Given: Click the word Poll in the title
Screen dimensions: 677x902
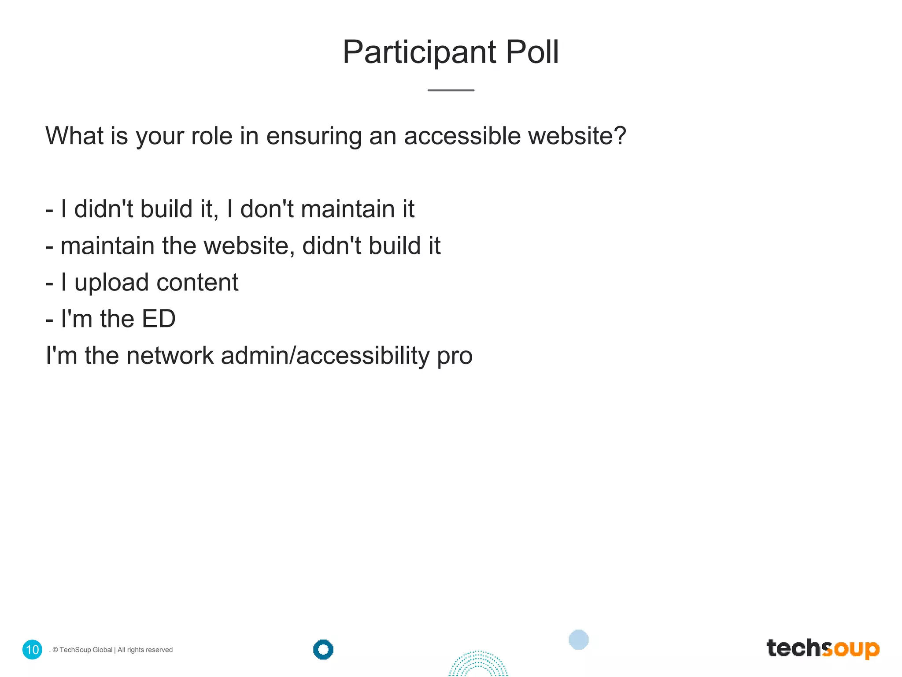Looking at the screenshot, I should (532, 52).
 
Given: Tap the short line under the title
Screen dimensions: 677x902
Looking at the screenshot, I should (451, 90).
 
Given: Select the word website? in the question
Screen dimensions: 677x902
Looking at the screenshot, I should (577, 135).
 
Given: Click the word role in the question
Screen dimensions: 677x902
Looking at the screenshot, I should (211, 135).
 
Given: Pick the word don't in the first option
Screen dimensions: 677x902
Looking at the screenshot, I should (267, 208).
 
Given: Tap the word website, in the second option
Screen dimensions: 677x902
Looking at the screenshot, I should (249, 246).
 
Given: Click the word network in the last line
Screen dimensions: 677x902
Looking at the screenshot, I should (170, 355).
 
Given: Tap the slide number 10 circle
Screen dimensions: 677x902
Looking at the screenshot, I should (32, 650).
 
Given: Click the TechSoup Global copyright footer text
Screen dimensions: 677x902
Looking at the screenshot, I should (112, 650).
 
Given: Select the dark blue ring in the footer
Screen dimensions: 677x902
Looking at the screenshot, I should (323, 649).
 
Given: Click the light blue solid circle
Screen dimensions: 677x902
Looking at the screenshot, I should (578, 640).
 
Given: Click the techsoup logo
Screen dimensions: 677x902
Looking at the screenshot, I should (823, 649).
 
